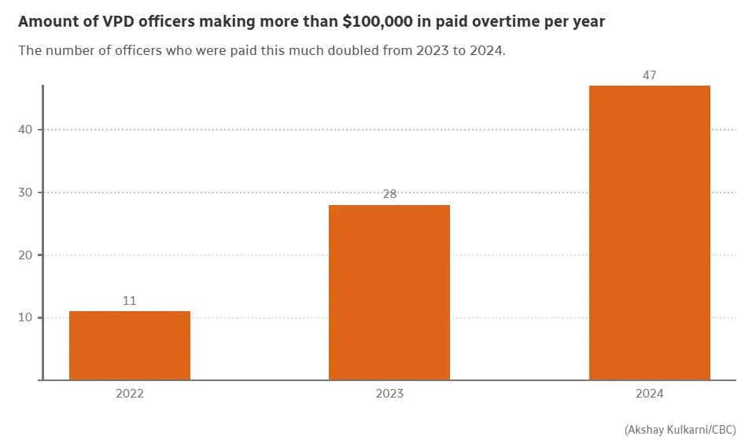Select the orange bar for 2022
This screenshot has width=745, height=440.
coord(130,346)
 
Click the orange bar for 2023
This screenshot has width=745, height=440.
coord(389,292)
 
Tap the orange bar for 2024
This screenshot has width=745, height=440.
coord(649,233)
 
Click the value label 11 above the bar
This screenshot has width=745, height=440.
coord(130,301)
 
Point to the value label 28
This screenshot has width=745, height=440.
coord(389,194)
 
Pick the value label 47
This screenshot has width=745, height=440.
coord(649,75)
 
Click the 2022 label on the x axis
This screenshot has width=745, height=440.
coord(130,394)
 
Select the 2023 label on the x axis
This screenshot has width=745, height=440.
coord(389,394)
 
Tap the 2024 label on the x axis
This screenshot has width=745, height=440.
coord(649,394)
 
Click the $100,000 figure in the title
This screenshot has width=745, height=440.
coord(379,22)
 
